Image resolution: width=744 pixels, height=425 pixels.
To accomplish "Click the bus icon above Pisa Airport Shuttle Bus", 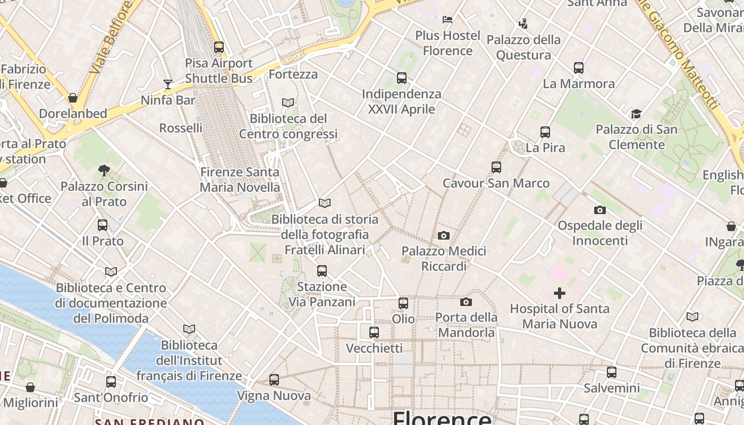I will pos(218,47).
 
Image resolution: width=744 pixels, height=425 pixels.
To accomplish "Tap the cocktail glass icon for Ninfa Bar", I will pos(168,84).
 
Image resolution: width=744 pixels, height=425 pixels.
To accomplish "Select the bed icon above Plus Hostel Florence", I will pos(447,20).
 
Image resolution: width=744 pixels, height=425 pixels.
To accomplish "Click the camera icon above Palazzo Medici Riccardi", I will pos(444,235).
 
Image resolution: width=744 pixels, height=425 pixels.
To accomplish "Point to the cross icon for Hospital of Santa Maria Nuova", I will pos(559,293).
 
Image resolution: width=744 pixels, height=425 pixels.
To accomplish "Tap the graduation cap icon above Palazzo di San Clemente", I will pos(636,114).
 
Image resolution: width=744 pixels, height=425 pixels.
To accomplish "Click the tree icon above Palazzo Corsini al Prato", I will pos(104,171).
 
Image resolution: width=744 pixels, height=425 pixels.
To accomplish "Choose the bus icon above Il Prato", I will pos(103,225).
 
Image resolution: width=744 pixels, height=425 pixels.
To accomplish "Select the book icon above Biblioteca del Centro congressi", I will pos(288,103).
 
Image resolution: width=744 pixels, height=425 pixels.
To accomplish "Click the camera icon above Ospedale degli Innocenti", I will pos(600,210).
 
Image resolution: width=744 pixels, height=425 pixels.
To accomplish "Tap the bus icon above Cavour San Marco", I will pos(496,167).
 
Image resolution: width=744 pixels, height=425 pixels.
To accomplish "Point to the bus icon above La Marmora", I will pos(579,68).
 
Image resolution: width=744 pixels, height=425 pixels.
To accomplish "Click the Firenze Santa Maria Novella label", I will pos(240,180).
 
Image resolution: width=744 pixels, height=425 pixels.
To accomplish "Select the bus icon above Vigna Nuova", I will pos(274,380).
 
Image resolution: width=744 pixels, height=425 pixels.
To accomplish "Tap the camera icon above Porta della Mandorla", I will pos(466,302).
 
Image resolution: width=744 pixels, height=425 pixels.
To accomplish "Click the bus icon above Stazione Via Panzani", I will pos(322,271).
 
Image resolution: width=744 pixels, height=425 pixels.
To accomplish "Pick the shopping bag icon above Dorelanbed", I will pos(73,98).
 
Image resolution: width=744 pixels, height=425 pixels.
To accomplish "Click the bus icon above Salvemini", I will pos(612,372).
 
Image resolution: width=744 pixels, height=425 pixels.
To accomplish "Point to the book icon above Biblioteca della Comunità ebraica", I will pos(692,317).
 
